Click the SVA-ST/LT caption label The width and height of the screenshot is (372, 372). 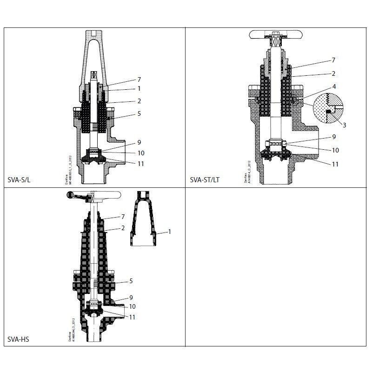click(x=205, y=179)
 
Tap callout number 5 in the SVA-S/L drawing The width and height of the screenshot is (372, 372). click(x=139, y=113)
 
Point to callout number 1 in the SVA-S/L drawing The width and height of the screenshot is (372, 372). click(x=139, y=88)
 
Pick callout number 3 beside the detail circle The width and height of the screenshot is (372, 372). click(x=344, y=125)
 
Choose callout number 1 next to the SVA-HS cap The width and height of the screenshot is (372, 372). click(x=170, y=231)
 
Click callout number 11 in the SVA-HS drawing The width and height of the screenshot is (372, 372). click(x=132, y=317)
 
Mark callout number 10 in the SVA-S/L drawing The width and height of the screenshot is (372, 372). click(x=141, y=153)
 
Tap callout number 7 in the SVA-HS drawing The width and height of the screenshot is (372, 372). click(x=123, y=217)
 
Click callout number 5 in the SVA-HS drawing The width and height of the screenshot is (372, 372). click(x=131, y=281)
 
